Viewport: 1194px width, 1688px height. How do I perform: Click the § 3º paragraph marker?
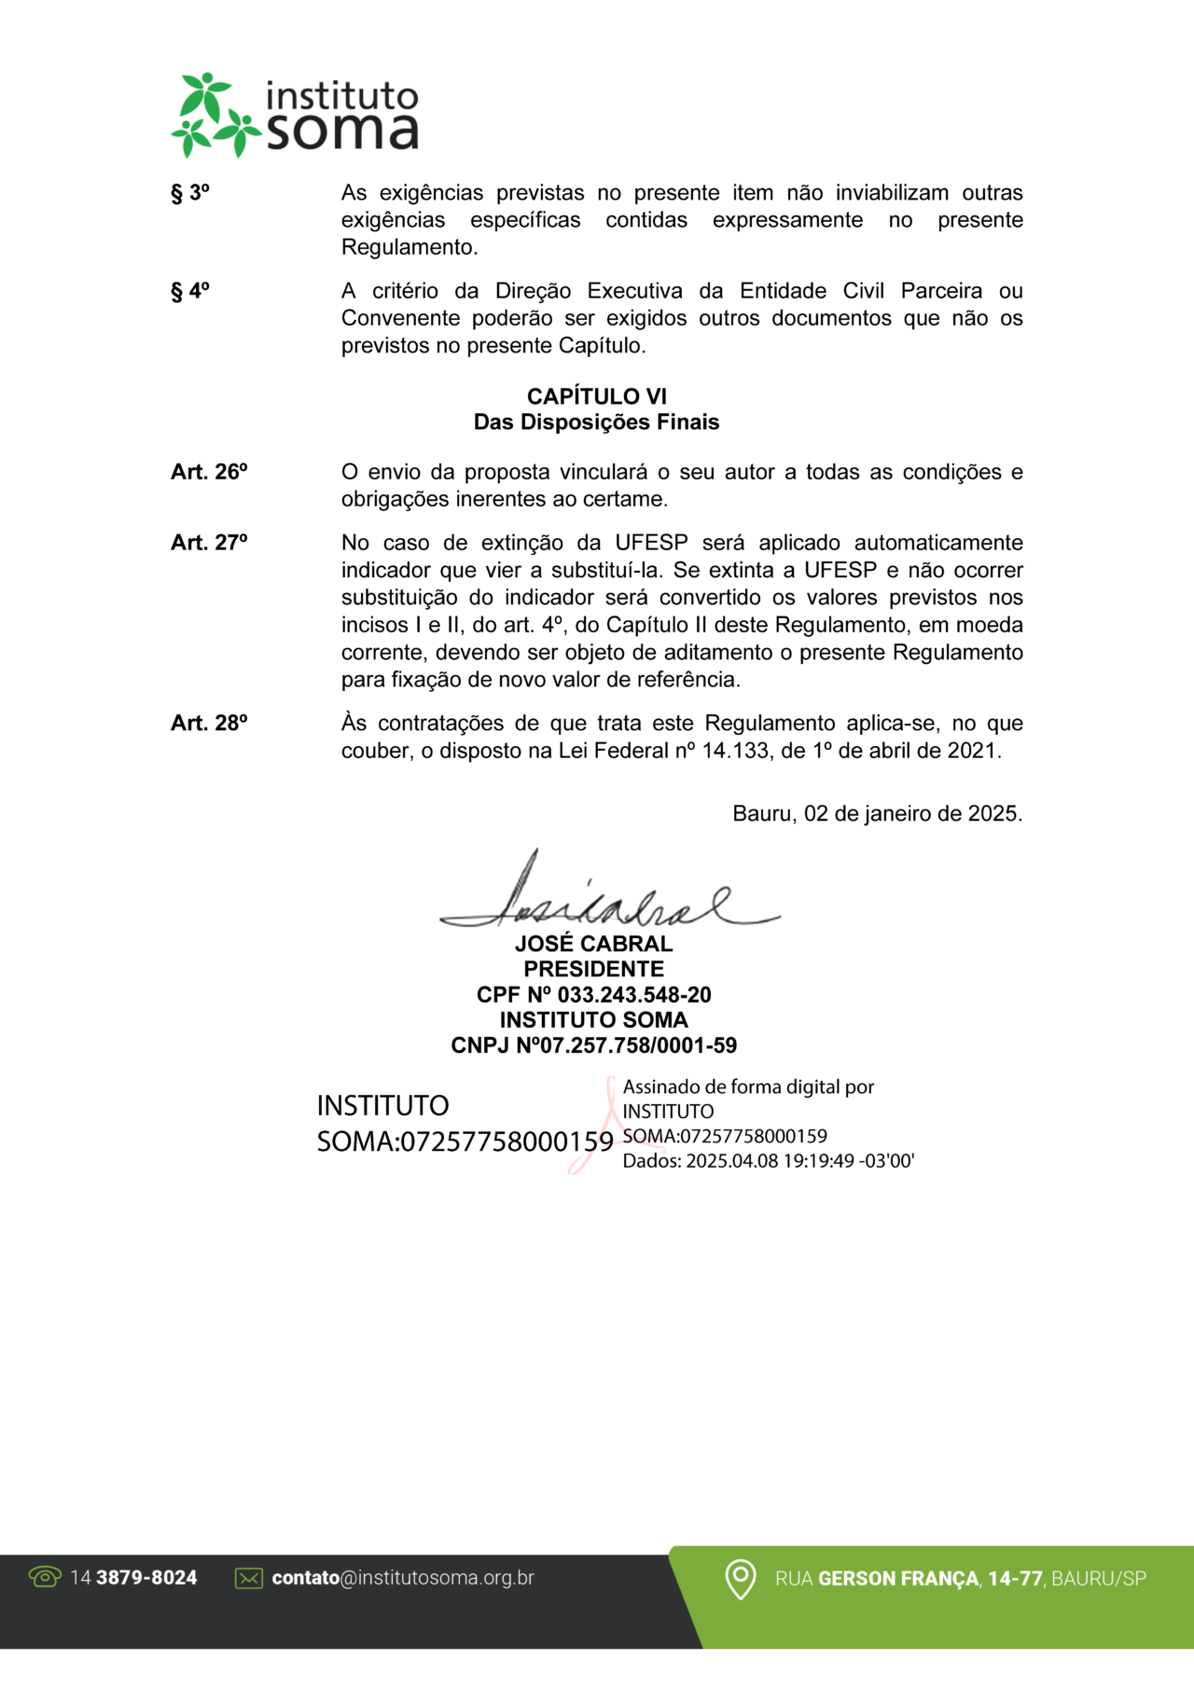189,193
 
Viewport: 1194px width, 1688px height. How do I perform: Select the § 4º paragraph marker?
189,291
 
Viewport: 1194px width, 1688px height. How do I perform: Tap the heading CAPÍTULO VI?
596,396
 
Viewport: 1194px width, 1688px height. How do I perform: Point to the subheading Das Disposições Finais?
596,422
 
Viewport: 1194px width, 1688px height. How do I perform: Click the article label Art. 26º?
209,472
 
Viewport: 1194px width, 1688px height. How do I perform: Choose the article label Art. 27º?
209,543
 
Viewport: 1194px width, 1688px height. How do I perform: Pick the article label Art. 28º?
209,723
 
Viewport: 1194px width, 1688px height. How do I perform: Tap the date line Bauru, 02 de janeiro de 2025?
877,813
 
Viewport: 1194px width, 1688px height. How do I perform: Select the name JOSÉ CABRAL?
593,944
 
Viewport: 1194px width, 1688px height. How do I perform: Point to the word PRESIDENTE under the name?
593,969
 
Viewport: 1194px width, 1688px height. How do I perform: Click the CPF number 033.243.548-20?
633,995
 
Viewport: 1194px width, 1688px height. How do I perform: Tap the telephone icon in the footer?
45,1577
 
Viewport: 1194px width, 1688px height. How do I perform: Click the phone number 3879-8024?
146,1578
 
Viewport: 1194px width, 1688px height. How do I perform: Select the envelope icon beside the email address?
249,1578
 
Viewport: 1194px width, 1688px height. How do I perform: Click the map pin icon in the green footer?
741,1579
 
